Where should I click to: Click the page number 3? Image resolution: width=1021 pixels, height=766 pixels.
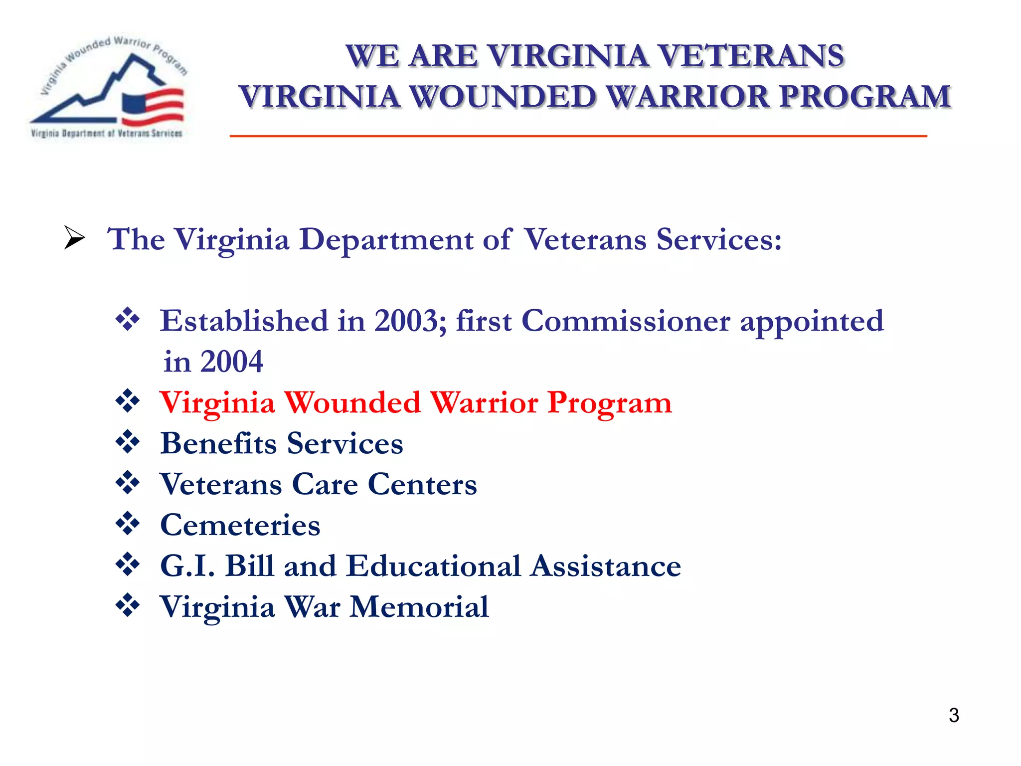click(954, 716)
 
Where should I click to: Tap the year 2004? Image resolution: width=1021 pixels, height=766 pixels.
click(232, 362)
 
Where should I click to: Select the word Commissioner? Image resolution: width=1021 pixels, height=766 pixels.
click(626, 321)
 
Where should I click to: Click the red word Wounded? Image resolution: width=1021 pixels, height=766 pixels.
click(353, 402)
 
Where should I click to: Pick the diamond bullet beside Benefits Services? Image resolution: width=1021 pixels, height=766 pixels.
click(128, 442)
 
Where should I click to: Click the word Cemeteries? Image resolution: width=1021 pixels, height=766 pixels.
click(240, 525)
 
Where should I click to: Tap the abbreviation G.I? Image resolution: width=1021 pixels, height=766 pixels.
click(187, 566)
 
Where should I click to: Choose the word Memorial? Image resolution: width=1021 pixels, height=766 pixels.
click(419, 607)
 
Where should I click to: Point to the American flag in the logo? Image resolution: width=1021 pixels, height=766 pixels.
click(153, 107)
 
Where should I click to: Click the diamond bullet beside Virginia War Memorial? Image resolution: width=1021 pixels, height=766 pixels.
click(128, 605)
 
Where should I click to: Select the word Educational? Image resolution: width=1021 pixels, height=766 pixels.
click(434, 566)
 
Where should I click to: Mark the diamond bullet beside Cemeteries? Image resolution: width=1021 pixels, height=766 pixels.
click(128, 524)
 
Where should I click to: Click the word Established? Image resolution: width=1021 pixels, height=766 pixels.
click(244, 321)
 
